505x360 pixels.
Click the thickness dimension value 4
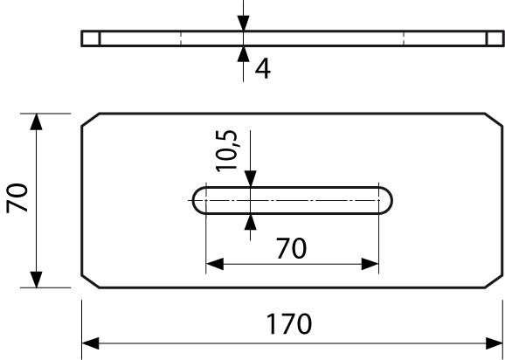point(263,69)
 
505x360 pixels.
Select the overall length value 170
point(289,324)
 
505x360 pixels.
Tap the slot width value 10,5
point(227,150)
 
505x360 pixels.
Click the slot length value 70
point(292,248)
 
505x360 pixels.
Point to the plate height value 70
point(17,197)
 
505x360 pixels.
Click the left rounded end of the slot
point(193,200)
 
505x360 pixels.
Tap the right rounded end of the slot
point(391,200)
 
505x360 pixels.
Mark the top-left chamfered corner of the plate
point(91,120)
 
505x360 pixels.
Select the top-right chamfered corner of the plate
point(494,120)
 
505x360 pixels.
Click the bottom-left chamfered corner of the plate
point(91,281)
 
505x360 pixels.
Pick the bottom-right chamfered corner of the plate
point(494,281)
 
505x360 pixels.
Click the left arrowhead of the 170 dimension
point(90,343)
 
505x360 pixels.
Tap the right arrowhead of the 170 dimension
point(495,343)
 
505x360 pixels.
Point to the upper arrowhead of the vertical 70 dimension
point(36,121)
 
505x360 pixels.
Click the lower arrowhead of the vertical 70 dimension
point(36,280)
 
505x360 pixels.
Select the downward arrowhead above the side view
point(244,23)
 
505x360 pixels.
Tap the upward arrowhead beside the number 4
point(244,54)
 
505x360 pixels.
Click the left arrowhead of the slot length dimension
point(215,264)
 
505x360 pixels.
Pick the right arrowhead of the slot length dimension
point(370,264)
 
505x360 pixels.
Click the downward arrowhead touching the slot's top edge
point(250,178)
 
